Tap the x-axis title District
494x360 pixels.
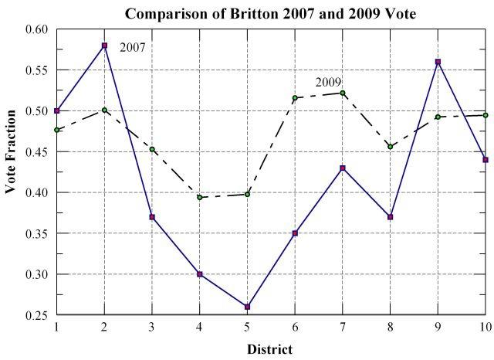coord(269,349)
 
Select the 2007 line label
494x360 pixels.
coord(132,48)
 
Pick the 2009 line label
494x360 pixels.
coord(327,83)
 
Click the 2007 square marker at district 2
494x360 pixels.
coord(104,46)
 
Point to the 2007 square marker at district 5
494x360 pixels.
coord(247,307)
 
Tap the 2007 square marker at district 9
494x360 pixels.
coord(438,62)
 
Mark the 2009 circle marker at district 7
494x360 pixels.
coord(343,93)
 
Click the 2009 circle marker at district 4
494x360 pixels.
coord(200,197)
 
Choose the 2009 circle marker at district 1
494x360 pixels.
coord(56,130)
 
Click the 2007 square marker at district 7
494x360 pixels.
coord(343,168)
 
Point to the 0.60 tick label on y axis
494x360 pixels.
coord(37,29)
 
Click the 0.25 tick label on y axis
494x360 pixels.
coord(37,315)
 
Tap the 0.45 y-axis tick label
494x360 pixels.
coord(37,151)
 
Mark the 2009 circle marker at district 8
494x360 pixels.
coord(391,147)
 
